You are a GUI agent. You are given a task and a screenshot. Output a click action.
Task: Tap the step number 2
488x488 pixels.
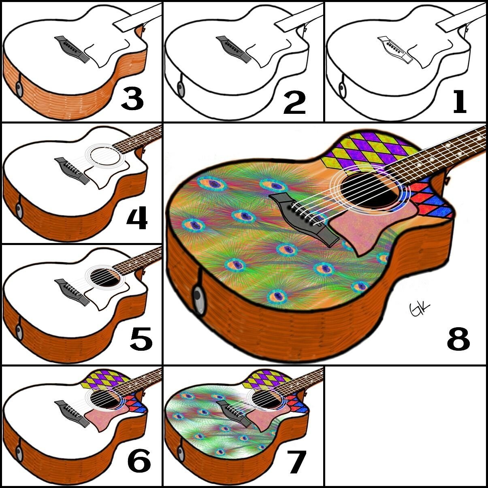tap(294, 102)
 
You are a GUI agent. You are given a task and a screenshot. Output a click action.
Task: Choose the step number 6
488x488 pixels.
tap(139, 458)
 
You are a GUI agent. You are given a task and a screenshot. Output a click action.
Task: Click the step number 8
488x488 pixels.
tap(458, 339)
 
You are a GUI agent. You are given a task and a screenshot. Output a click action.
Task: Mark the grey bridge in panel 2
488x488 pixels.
tap(234, 49)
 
